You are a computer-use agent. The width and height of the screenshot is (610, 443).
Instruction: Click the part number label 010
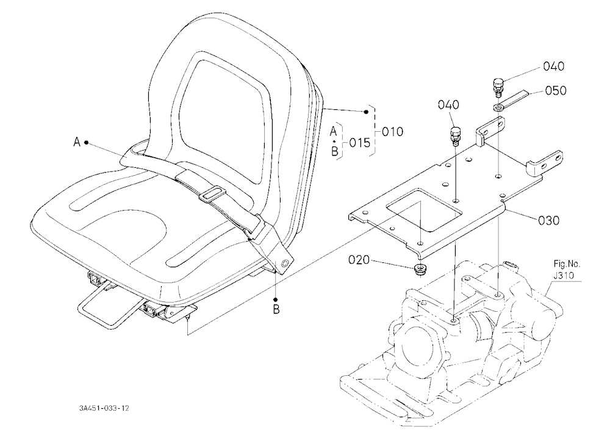(392, 132)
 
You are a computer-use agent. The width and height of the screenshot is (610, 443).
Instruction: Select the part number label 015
(360, 143)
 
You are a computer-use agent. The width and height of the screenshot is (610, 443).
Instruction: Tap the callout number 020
(359, 260)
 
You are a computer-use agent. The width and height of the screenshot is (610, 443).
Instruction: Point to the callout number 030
(548, 221)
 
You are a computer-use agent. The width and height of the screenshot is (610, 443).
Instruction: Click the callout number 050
(556, 90)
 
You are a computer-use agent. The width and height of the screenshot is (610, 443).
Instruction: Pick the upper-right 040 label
(554, 66)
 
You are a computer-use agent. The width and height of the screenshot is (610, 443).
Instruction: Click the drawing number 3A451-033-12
(104, 408)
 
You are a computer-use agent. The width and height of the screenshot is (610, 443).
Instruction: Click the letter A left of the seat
(77, 142)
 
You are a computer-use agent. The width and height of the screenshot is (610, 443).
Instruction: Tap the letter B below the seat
(276, 310)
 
